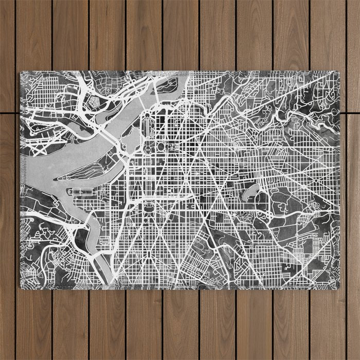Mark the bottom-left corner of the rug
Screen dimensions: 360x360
(21, 289)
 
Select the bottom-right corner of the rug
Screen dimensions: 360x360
(340, 289)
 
